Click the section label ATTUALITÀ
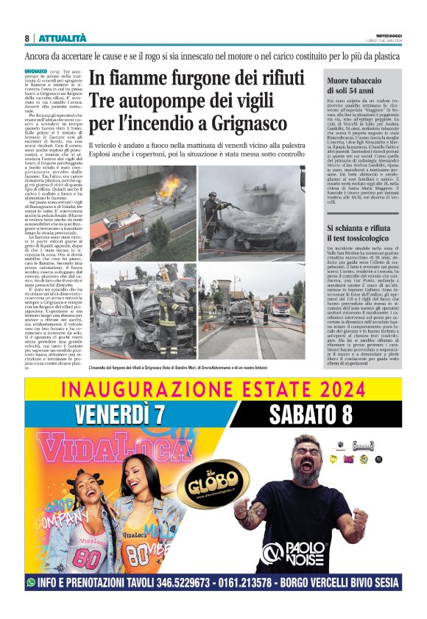click(63, 38)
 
